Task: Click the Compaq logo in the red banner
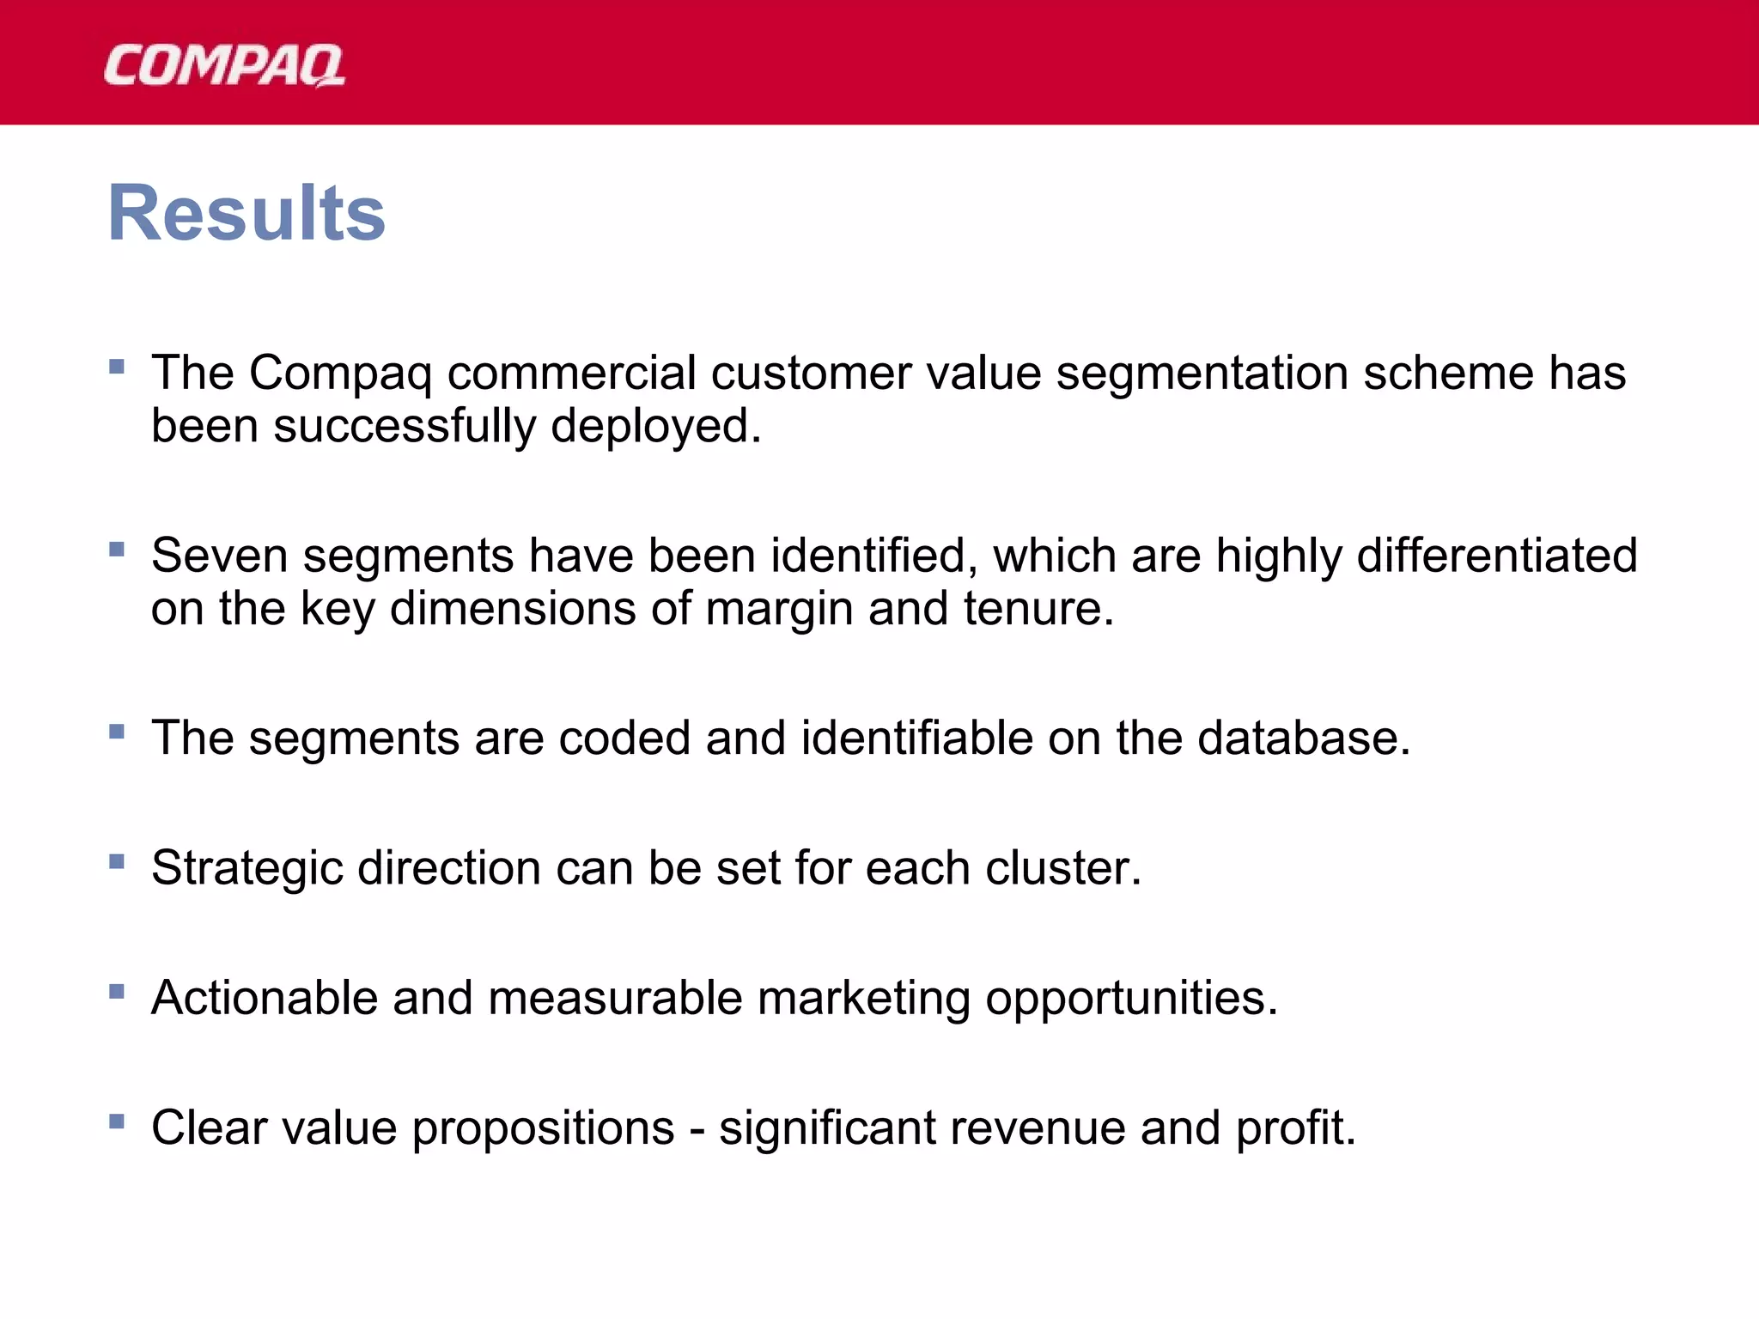point(224,66)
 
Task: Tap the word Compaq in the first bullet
point(340,375)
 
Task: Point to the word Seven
point(219,556)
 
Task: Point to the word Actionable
point(265,998)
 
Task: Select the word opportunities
point(1131,1000)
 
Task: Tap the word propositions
point(543,1129)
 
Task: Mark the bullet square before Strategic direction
point(118,861)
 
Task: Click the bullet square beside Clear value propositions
point(118,1121)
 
